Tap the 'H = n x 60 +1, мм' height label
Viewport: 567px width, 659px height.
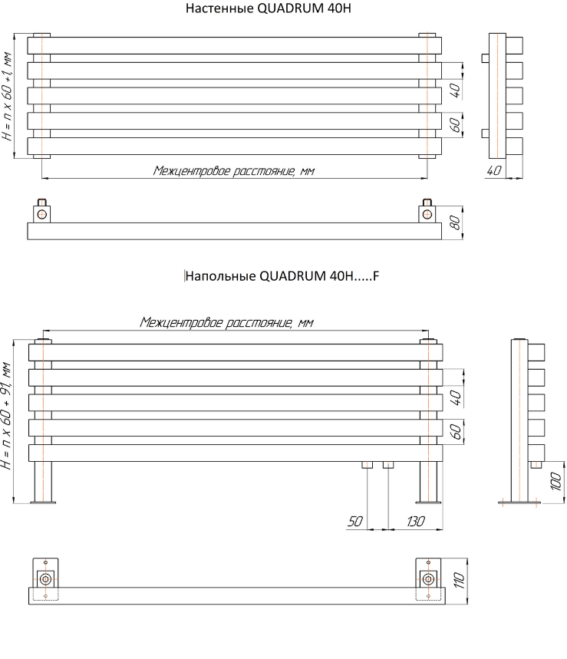pyautogui.click(x=8, y=97)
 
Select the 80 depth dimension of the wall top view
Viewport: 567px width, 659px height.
pyautogui.click(x=454, y=222)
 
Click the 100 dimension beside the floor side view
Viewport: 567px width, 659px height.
pyautogui.click(x=556, y=480)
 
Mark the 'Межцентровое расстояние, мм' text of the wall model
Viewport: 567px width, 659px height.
pyautogui.click(x=234, y=171)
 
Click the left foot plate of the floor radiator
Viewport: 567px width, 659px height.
pyautogui.click(x=43, y=502)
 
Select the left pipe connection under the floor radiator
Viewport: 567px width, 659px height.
pyautogui.click(x=368, y=465)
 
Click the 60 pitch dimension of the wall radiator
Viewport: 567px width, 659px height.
pyautogui.click(x=455, y=124)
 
